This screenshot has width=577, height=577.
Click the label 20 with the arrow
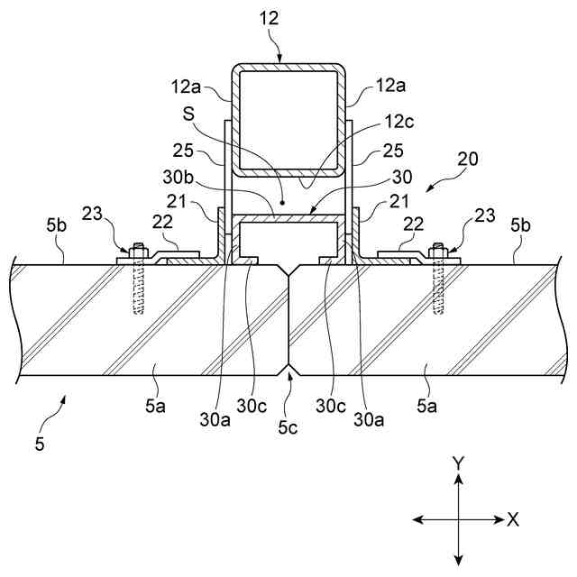tap(467, 159)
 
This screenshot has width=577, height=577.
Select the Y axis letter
tap(458, 462)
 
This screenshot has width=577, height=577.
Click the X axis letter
tap(513, 519)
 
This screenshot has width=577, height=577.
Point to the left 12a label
tap(184, 86)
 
